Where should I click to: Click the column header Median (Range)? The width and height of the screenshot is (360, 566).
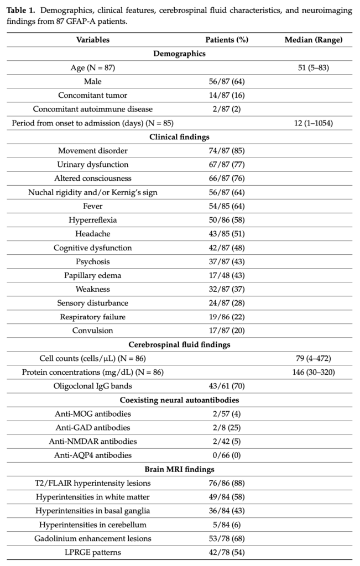pos(313,40)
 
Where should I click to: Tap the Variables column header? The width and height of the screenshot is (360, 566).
pos(93,40)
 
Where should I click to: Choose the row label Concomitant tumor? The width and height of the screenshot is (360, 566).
pos(93,95)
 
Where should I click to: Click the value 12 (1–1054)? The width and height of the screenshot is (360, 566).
pos(313,123)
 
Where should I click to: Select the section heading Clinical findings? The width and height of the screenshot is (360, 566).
pos(180,137)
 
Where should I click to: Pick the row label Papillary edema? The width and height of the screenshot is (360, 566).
pos(93,275)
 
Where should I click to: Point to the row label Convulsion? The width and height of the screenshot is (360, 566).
pos(93,331)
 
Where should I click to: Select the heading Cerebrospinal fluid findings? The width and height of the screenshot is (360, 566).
pos(180,344)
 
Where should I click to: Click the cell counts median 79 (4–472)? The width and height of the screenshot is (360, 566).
pos(313,358)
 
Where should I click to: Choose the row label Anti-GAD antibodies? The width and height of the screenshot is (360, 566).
pos(93,427)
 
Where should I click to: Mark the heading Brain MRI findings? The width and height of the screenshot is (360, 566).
pos(180,469)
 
